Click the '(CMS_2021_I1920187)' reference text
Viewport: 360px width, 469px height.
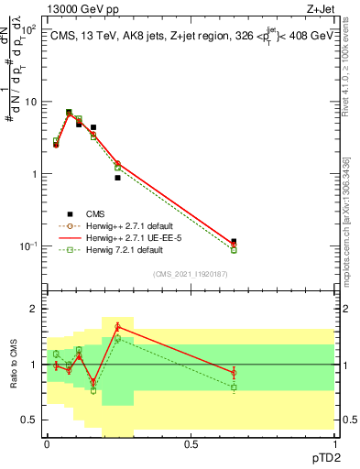[190, 272]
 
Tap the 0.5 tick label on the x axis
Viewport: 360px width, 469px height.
[191, 443]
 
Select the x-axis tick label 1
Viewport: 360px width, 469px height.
[334, 443]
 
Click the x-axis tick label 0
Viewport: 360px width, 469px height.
[47, 443]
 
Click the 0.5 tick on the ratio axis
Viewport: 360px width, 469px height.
[31, 420]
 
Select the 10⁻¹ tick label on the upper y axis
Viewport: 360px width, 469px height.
[28, 246]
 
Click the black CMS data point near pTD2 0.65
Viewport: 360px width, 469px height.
[234, 242]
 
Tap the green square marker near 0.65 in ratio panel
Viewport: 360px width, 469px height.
[234, 387]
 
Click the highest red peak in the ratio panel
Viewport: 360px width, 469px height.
[117, 326]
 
